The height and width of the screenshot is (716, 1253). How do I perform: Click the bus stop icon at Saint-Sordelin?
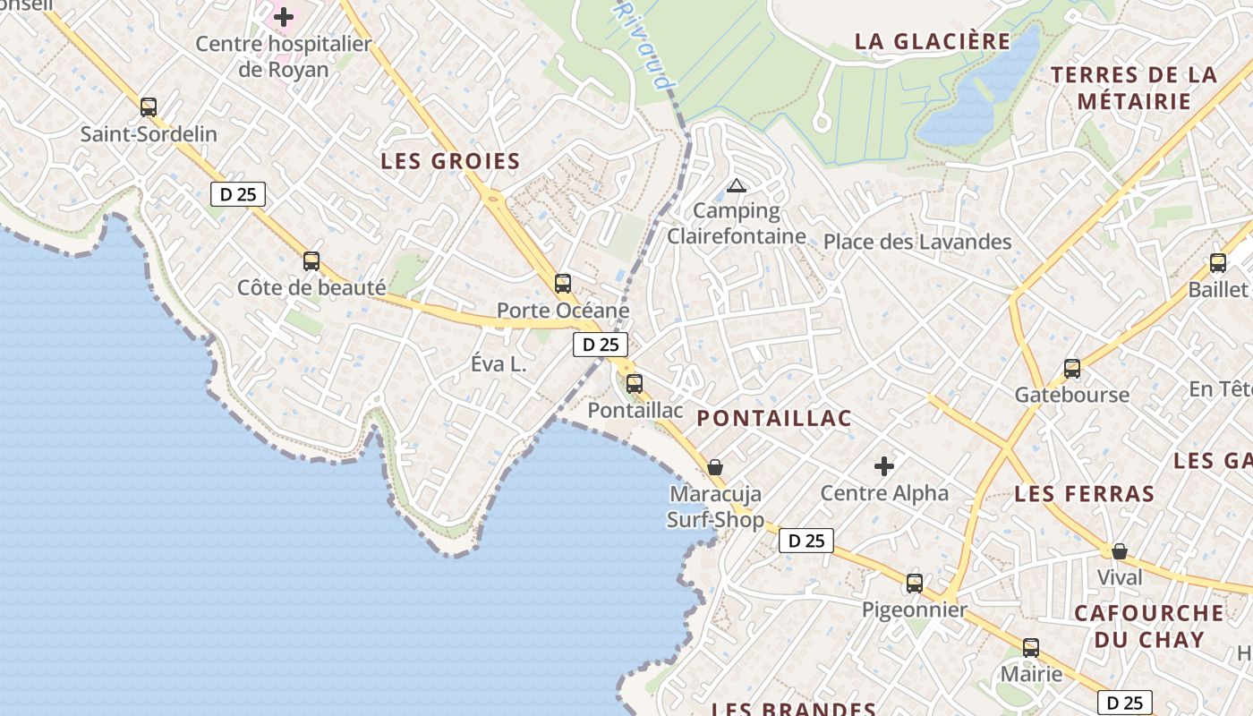tap(149, 107)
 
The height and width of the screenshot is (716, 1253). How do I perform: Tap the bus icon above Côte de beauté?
tap(311, 261)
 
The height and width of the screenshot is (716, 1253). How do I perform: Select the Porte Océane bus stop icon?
tap(563, 284)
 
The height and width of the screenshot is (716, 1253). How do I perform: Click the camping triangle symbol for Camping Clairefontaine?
tap(737, 186)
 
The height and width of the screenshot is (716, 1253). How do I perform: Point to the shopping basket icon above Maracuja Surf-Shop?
tap(715, 467)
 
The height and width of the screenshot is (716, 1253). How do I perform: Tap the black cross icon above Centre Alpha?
tap(884, 466)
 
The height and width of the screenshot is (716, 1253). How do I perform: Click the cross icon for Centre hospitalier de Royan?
tap(284, 17)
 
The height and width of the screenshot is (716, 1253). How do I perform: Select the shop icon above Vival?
tap(1120, 551)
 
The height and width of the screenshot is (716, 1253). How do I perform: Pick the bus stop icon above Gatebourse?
tap(1072, 368)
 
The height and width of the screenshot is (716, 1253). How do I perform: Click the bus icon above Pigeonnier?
tap(915, 584)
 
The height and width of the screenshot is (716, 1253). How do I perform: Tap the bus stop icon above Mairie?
tap(1031, 648)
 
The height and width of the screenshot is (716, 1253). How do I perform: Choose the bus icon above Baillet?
tap(1218, 263)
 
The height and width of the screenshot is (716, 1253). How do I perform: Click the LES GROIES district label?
tap(450, 162)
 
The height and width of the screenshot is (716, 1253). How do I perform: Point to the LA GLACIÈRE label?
tap(933, 42)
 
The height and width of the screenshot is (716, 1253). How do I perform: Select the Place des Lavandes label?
tap(917, 242)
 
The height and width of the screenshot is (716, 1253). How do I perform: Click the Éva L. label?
tap(499, 365)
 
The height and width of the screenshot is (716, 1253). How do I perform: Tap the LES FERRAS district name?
tap(1085, 494)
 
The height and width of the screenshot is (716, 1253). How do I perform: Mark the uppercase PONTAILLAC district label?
tap(774, 418)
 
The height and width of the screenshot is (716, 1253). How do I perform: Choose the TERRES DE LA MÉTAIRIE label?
tap(1135, 88)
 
